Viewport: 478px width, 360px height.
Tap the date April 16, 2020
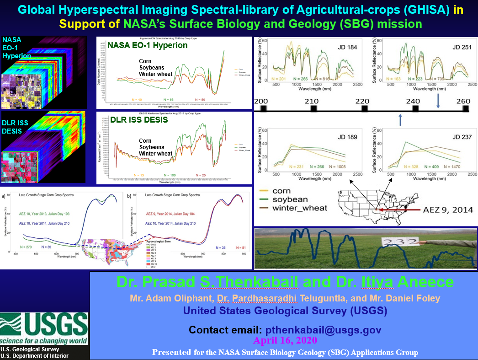click(x=285, y=341)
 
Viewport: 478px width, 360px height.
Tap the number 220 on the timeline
click(x=362, y=101)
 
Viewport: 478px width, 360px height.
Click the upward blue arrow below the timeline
click(x=400, y=120)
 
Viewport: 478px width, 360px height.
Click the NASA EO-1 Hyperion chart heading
click(x=147, y=45)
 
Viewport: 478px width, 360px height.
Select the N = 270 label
click(x=27, y=247)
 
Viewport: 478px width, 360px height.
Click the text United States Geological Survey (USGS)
click(x=285, y=311)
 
